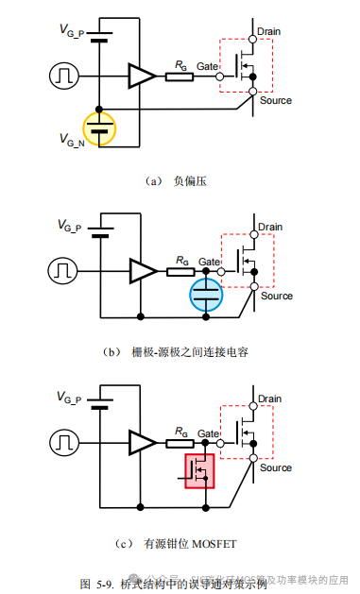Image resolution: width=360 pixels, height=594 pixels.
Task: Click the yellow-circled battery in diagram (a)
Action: pos(99,127)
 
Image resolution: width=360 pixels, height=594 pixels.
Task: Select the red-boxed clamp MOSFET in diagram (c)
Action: pos(199,470)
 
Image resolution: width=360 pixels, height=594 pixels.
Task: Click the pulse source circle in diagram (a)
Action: pos(64,75)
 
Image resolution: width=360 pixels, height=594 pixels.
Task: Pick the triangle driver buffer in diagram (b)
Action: pos(143,271)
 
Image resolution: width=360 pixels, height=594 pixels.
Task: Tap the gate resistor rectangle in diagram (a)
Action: pos(180,75)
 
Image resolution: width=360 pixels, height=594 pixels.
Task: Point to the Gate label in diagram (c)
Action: pos(208,433)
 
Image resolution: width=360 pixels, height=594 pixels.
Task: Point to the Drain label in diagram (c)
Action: pos(270,399)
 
